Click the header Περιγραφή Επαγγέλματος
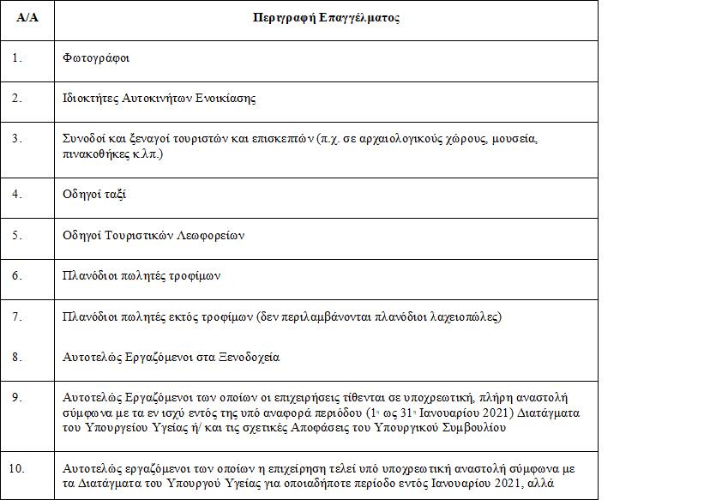[326, 18]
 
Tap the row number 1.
[17, 58]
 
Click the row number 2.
[17, 98]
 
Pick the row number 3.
[17, 137]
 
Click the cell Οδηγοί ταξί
[95, 195]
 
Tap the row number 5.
[17, 234]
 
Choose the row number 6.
[17, 274]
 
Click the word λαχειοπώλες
[464, 317]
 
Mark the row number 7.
[17, 316]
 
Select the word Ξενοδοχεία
[248, 357]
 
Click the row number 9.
[17, 397]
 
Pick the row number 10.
[20, 468]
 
